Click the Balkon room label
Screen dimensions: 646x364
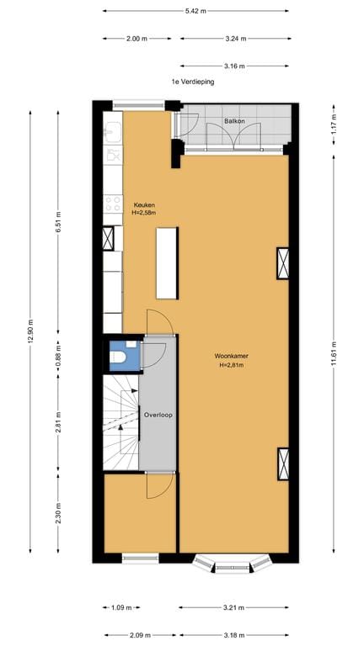(x=234, y=122)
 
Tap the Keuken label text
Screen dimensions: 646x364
(x=144, y=205)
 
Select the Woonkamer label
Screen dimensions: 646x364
(x=232, y=356)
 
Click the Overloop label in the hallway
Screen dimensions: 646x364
(x=158, y=416)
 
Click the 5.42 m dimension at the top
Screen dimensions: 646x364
(x=196, y=11)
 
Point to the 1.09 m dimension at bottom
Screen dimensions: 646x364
(x=121, y=606)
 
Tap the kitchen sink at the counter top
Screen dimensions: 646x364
(x=113, y=132)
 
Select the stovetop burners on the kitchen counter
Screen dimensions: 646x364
(x=113, y=204)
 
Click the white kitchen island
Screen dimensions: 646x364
(x=167, y=263)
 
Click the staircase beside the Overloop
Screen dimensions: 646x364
(x=120, y=422)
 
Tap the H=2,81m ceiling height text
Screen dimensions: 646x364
(x=232, y=365)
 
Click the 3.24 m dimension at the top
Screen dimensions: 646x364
(x=234, y=38)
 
